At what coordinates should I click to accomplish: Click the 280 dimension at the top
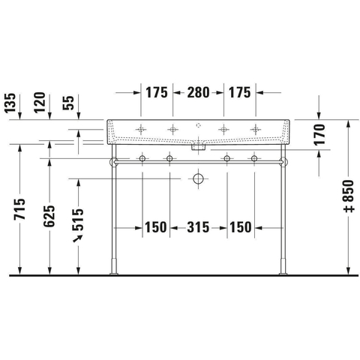click(198, 92)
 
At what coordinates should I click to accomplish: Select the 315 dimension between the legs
click(198, 227)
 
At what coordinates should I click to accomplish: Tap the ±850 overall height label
click(349, 196)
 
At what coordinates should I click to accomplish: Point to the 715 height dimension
click(19, 209)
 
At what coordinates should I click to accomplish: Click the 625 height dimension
click(49, 216)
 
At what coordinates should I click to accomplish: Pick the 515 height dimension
click(78, 220)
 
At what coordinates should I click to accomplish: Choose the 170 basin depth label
click(319, 135)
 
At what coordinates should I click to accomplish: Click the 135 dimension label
click(10, 103)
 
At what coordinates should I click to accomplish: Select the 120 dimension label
click(40, 103)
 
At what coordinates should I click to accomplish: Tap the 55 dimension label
click(68, 103)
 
